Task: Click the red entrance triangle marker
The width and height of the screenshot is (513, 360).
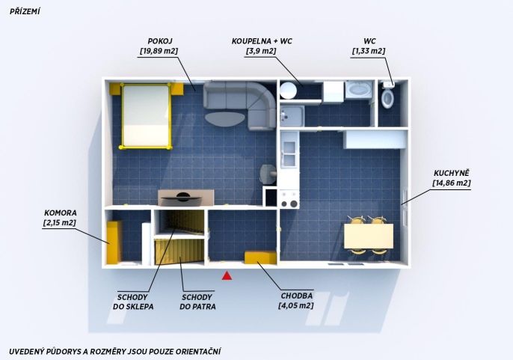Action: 227,275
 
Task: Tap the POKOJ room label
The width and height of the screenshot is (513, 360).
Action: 160,41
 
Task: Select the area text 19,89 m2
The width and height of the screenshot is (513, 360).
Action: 159,51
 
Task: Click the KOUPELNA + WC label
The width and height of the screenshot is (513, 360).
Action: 262,41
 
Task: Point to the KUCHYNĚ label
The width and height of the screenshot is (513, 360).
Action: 452,173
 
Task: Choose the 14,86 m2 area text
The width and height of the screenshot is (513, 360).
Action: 452,183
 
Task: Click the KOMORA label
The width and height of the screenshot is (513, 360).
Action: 60,213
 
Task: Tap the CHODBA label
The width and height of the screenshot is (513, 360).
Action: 297,296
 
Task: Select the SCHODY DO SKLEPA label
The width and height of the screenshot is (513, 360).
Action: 133,302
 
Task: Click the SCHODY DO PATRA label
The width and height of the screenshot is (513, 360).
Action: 197,302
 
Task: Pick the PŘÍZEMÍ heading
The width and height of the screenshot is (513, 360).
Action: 25,11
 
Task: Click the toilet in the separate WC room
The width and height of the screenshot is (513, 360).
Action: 387,98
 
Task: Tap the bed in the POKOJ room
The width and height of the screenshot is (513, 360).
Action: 147,116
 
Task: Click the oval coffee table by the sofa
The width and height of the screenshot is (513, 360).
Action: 225,119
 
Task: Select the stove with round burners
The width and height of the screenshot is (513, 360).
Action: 289,199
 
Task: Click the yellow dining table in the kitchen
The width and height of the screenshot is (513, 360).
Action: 369,236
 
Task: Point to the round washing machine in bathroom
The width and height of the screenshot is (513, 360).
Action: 288,90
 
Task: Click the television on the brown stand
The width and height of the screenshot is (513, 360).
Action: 183,197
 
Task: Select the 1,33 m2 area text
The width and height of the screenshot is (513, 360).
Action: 369,51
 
